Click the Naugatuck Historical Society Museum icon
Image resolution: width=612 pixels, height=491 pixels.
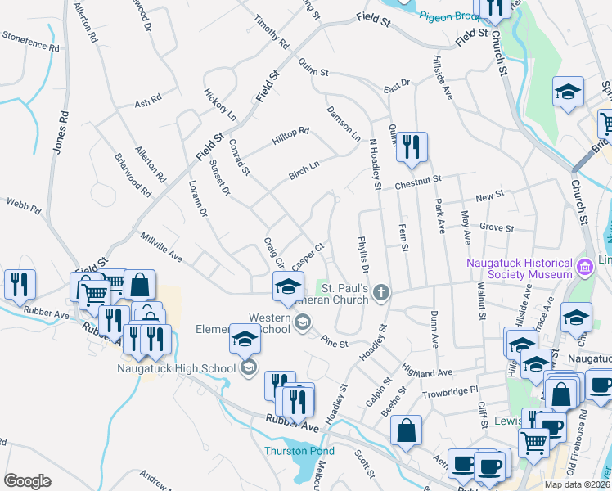[x=585, y=267]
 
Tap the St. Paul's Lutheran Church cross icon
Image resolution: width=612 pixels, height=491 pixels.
[x=380, y=292]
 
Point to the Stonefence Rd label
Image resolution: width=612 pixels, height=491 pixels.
[x=31, y=41]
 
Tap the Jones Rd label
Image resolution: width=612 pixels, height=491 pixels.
[x=59, y=133]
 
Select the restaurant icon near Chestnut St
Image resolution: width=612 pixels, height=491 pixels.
[x=412, y=147]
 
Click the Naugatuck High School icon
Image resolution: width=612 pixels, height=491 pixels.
[x=250, y=367]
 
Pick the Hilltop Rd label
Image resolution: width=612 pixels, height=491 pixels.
[x=290, y=134]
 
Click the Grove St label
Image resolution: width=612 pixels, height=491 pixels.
[x=497, y=228]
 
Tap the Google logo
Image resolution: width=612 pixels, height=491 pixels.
[x=27, y=481]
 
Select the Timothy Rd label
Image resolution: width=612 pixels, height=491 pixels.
[x=271, y=31]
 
